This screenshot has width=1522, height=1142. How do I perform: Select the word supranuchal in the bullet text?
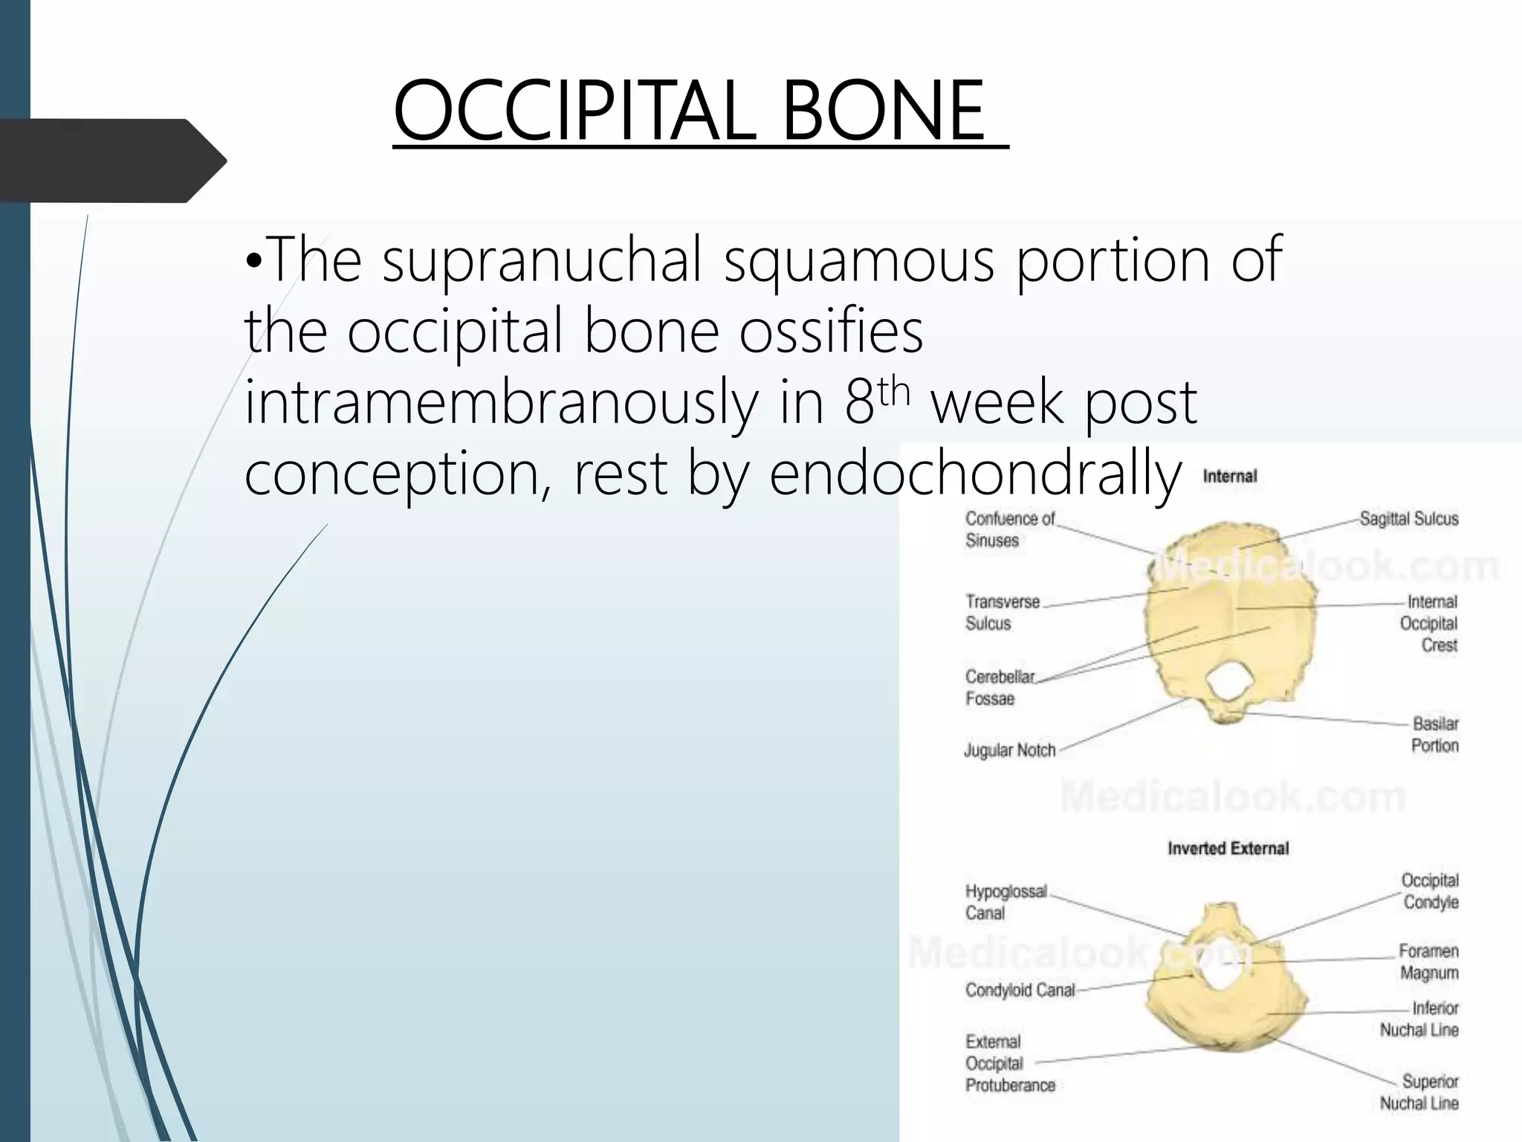tap(543, 259)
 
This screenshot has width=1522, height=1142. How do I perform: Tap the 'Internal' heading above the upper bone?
tap(1229, 477)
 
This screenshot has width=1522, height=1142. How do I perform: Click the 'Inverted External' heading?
tap(1228, 848)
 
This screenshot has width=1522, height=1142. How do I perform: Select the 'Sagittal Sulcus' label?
tap(1408, 519)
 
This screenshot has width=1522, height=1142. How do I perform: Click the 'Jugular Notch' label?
tap(1009, 750)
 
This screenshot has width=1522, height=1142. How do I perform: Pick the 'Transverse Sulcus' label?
tap(1002, 612)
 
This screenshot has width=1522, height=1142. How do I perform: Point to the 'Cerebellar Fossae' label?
tap(999, 687)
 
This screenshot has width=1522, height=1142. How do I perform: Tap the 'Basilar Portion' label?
tap(1434, 734)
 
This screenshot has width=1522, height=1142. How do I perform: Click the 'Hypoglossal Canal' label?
tap(1005, 901)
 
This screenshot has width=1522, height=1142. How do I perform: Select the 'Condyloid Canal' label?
tap(1020, 990)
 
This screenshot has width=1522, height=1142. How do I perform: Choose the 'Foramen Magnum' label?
tap(1428, 961)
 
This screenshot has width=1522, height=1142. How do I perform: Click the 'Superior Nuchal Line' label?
tap(1419, 1091)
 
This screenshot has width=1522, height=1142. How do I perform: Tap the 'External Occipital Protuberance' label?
tap(1009, 1063)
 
